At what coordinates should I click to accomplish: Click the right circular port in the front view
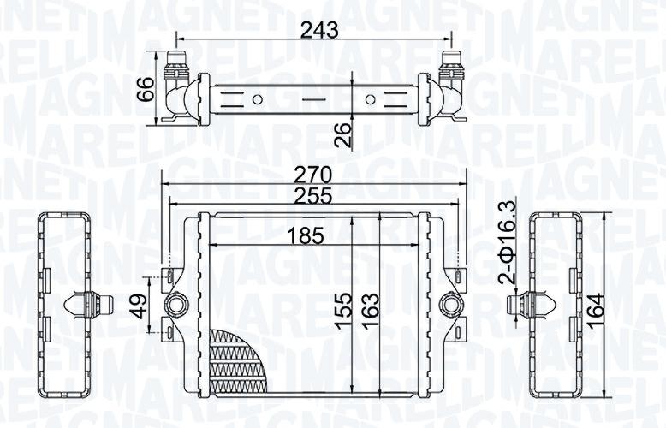[x=449, y=303]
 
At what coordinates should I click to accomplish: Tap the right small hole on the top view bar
[x=370, y=99]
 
